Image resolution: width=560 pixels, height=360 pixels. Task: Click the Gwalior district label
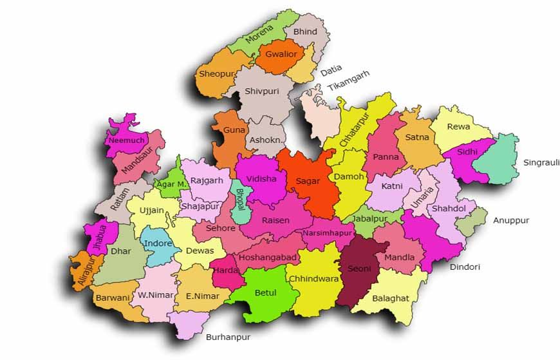click(281, 55)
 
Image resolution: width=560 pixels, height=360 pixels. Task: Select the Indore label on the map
click(158, 243)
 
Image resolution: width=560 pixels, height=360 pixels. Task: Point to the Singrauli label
click(541, 162)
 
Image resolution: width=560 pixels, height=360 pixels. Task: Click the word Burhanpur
click(228, 337)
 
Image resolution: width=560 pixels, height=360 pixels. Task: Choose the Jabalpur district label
click(371, 218)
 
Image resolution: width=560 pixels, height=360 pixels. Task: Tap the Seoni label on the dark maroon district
click(359, 268)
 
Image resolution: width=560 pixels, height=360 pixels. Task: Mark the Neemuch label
click(126, 140)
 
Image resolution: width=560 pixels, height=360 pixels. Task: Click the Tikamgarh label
click(348, 81)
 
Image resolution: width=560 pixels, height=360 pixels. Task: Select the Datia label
click(331, 68)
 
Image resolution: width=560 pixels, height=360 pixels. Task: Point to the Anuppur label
click(511, 220)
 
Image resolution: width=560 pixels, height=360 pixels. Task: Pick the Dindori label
click(465, 267)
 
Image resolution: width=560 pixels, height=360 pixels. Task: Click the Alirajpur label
click(82, 271)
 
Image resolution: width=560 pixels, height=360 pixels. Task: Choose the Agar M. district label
click(173, 184)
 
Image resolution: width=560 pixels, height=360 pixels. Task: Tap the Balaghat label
click(389, 298)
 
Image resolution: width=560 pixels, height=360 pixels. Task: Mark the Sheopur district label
click(216, 74)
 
